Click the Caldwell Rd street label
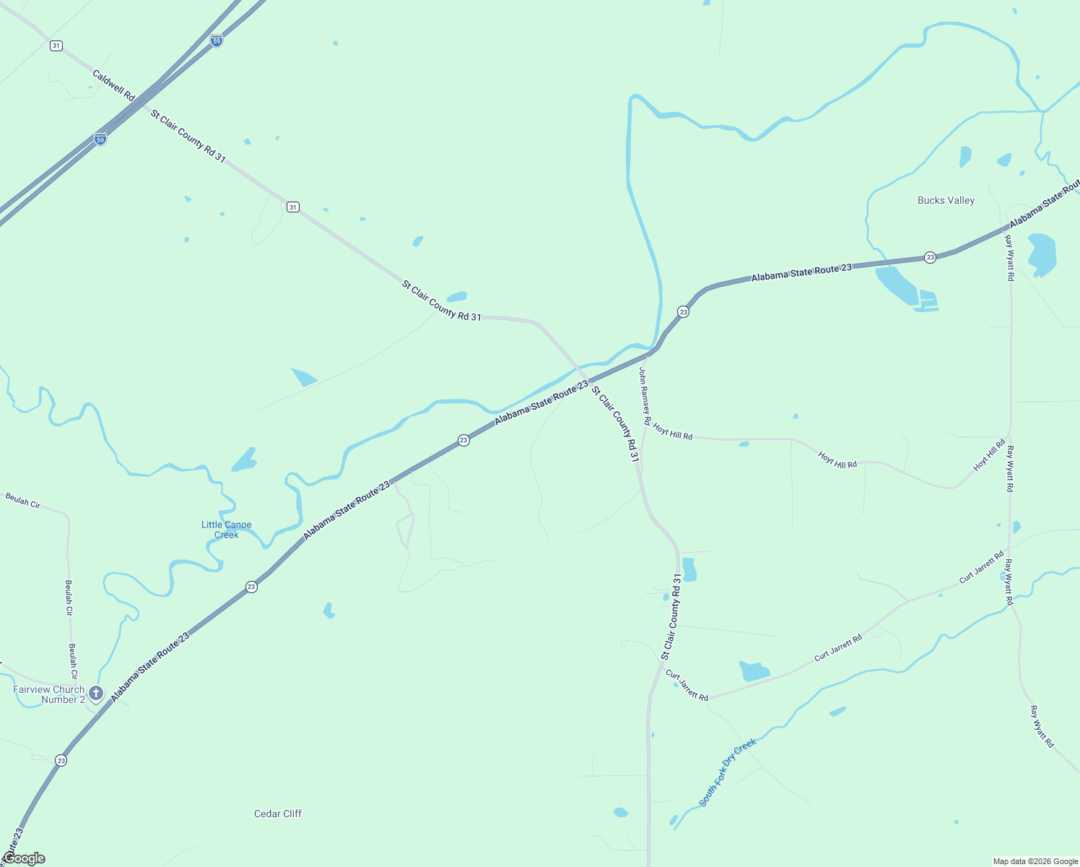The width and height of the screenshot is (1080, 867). (113, 85)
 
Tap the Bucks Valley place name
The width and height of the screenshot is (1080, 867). (946, 200)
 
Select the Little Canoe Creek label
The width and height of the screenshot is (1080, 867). (226, 530)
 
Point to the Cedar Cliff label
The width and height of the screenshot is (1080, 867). (278, 814)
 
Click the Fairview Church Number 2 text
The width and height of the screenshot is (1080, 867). (49, 694)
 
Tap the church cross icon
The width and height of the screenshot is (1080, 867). (96, 694)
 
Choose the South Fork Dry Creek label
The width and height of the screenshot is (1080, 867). (728, 772)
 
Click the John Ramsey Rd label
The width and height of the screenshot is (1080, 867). (645, 396)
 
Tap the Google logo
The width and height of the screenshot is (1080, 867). (24, 858)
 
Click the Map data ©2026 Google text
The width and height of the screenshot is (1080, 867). (1035, 861)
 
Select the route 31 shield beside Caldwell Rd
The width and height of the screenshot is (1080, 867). (56, 46)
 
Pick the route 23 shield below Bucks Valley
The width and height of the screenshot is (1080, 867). (930, 257)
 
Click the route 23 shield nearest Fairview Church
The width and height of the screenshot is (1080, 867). (61, 760)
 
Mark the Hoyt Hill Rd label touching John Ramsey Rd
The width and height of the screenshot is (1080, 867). (673, 431)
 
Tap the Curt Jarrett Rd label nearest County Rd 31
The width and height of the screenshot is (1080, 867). (687, 685)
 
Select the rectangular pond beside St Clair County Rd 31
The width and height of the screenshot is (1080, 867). (689, 569)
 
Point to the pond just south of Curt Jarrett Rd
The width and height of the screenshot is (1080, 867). (754, 671)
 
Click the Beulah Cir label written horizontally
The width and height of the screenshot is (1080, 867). (23, 499)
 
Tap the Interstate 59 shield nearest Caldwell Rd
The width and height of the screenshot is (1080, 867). (100, 138)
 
